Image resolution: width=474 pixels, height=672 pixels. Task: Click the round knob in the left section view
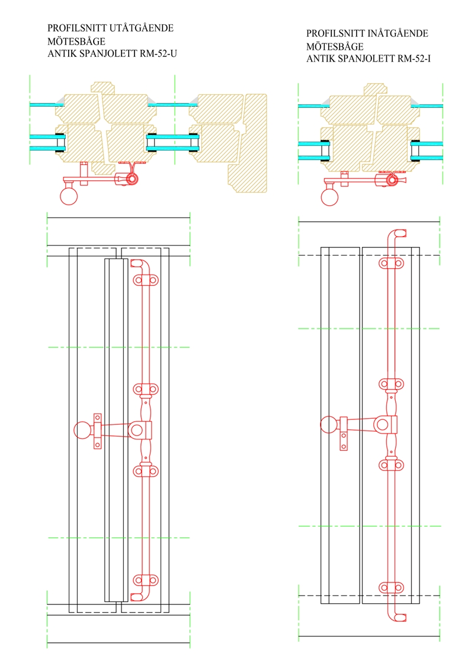pos(70,195)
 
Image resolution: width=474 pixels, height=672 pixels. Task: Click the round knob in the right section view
pos(329,196)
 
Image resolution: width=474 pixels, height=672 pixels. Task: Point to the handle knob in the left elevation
pos(82,429)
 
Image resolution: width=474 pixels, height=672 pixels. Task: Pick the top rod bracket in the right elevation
pos(391,262)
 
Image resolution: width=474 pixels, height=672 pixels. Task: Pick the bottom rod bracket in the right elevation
pos(391,588)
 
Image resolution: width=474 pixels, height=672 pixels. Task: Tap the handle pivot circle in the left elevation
pos(137,429)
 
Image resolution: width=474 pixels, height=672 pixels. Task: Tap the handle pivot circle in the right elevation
pos(384,425)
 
